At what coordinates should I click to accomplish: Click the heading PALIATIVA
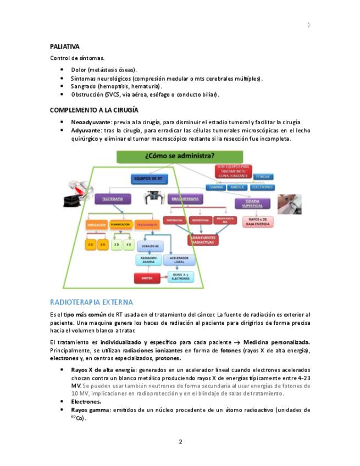(65, 47)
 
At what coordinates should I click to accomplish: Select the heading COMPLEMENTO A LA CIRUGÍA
(94, 110)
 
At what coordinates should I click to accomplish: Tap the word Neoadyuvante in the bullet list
(91, 122)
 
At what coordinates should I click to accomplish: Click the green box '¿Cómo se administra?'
(180, 156)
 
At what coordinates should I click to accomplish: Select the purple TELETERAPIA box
(113, 199)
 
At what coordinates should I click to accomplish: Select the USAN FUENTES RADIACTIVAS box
(203, 240)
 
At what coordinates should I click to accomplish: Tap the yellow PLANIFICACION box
(120, 225)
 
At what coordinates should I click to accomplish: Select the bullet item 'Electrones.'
(86, 402)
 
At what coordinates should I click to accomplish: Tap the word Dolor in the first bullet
(79, 70)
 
